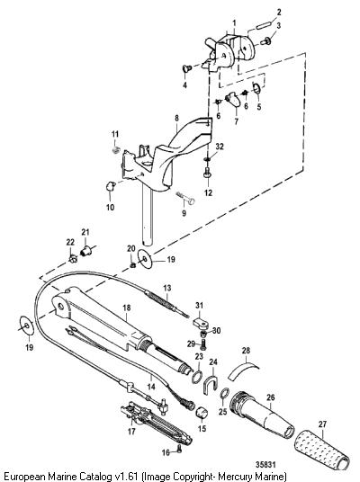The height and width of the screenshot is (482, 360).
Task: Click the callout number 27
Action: (x=322, y=424)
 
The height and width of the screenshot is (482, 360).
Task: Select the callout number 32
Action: (x=220, y=147)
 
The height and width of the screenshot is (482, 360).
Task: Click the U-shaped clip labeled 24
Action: (x=211, y=383)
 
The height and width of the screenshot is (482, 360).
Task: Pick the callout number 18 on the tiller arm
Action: (x=127, y=308)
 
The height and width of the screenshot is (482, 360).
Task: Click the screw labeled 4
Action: (x=187, y=68)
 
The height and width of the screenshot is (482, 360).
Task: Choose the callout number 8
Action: (x=176, y=118)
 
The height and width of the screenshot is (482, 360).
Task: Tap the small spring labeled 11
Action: (x=115, y=150)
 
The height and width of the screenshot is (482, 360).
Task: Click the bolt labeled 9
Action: (x=185, y=198)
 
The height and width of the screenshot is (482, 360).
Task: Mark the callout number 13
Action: (x=167, y=289)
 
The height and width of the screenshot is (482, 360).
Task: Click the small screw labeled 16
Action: (x=179, y=450)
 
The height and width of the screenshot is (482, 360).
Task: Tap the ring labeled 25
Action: (x=225, y=393)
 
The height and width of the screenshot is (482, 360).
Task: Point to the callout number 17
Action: (x=131, y=432)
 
